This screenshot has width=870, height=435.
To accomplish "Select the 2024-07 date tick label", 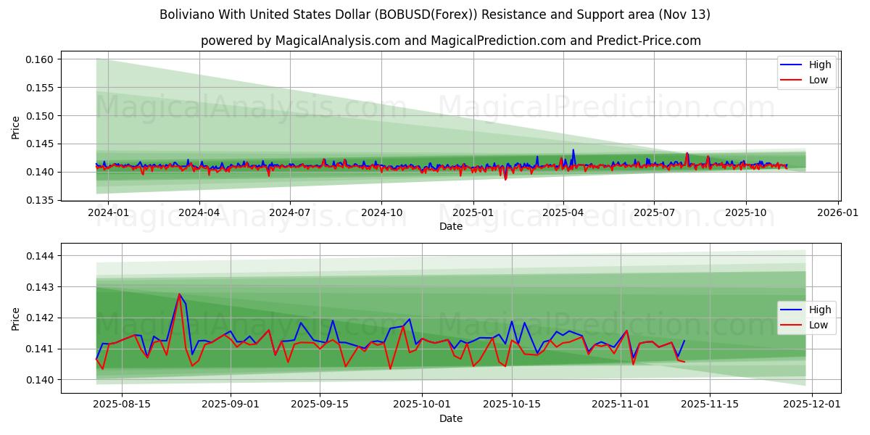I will point(290,213).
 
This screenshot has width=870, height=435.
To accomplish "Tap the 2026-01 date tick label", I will point(838,213).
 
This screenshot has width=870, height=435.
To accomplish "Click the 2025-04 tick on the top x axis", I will point(563,213).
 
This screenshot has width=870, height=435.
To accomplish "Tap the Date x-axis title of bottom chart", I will point(450,418).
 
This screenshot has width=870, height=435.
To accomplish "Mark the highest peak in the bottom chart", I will point(179,294).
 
